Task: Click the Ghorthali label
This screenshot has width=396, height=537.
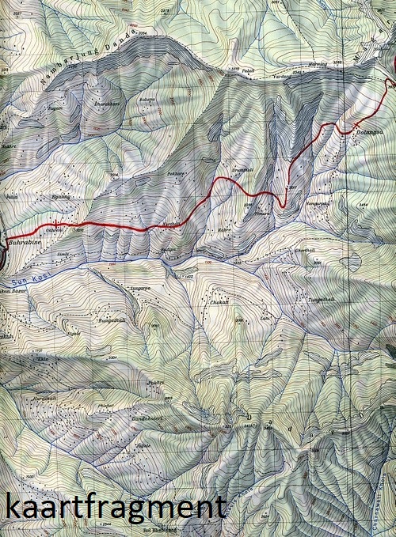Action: (307, 274)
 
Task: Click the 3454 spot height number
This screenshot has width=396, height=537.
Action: (365, 204)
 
